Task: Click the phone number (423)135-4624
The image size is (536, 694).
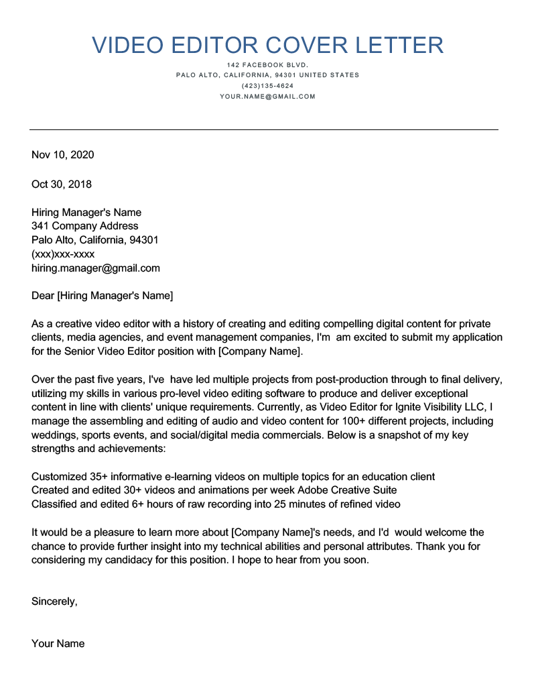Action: coord(267,86)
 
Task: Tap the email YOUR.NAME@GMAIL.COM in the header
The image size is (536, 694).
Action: coord(267,97)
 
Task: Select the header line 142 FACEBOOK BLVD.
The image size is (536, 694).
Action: coord(267,64)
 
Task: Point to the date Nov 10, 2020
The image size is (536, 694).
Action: coord(63,155)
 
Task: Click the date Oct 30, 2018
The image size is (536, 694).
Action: coord(62,184)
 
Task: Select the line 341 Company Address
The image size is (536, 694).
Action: coord(85,226)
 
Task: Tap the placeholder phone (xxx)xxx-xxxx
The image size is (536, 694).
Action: coord(63,254)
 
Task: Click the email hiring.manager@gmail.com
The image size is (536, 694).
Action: coord(96,268)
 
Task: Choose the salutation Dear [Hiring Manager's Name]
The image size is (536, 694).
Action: coord(102,295)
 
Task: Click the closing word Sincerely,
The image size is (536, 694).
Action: coord(54,601)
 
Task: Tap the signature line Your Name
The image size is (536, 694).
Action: coord(58,644)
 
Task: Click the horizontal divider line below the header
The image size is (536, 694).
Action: coord(263,129)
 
